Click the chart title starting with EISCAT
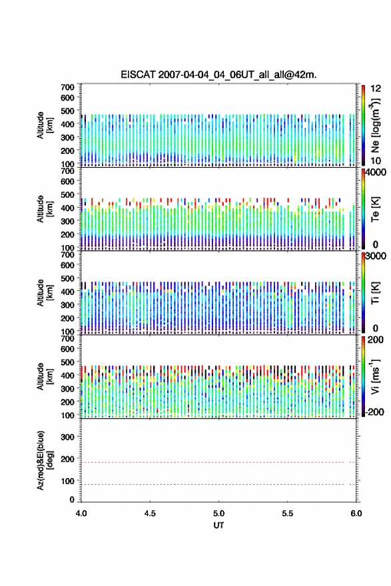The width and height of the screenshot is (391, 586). point(218,75)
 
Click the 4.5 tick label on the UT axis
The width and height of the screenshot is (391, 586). point(150,513)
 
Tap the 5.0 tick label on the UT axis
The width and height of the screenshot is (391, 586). point(218,513)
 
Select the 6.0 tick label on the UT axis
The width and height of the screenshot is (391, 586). point(356,513)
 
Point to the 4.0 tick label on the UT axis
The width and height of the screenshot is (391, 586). point(81,513)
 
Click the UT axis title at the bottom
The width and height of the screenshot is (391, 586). point(218,525)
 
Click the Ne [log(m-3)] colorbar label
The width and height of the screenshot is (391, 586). point(374,125)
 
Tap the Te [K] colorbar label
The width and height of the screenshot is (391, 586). point(375,209)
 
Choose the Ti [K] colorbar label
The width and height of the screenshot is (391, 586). point(375,293)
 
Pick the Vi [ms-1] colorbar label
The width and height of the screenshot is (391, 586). point(375,376)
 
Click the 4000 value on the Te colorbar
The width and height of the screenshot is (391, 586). point(376,172)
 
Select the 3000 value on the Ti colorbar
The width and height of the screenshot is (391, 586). point(376,256)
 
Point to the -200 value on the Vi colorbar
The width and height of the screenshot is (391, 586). point(374,412)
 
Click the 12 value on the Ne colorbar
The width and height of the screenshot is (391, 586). point(376,89)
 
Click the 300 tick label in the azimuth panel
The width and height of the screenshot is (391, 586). point(67,437)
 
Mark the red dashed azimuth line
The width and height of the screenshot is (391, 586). point(218,462)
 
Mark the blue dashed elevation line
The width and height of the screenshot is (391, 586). point(218,484)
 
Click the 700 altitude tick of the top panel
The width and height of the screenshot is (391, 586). point(67,87)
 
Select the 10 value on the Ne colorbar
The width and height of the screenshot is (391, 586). point(376,160)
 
